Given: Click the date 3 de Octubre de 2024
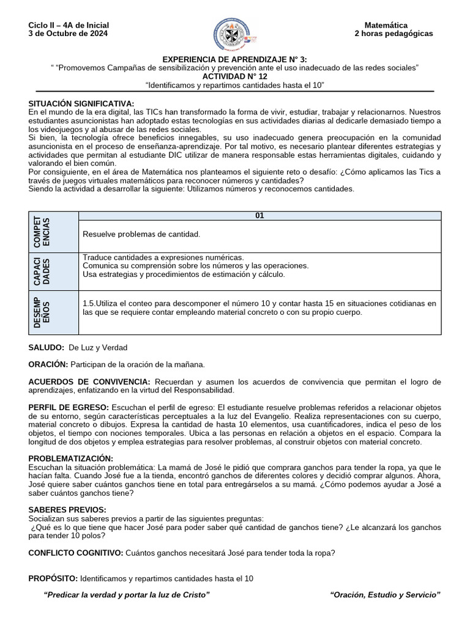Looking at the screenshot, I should pos(68,34).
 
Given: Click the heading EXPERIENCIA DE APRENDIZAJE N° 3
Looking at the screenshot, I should pos(235,58).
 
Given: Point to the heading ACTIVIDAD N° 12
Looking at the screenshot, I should pos(235,76).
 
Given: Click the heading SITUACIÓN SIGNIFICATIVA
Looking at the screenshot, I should pos(81,104).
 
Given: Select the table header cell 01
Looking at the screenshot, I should pos(259,216).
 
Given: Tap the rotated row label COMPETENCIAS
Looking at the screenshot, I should pos(42,232).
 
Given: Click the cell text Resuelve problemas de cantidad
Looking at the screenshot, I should pos(141,234).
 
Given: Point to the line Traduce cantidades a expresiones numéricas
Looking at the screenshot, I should pos(162,257).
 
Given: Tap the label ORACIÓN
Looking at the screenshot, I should pos(48,364).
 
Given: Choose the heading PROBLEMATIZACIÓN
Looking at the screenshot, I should pos(70,458).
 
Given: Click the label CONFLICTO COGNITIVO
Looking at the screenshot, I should pos(75,553).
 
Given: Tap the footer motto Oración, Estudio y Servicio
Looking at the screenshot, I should pos(384,595).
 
